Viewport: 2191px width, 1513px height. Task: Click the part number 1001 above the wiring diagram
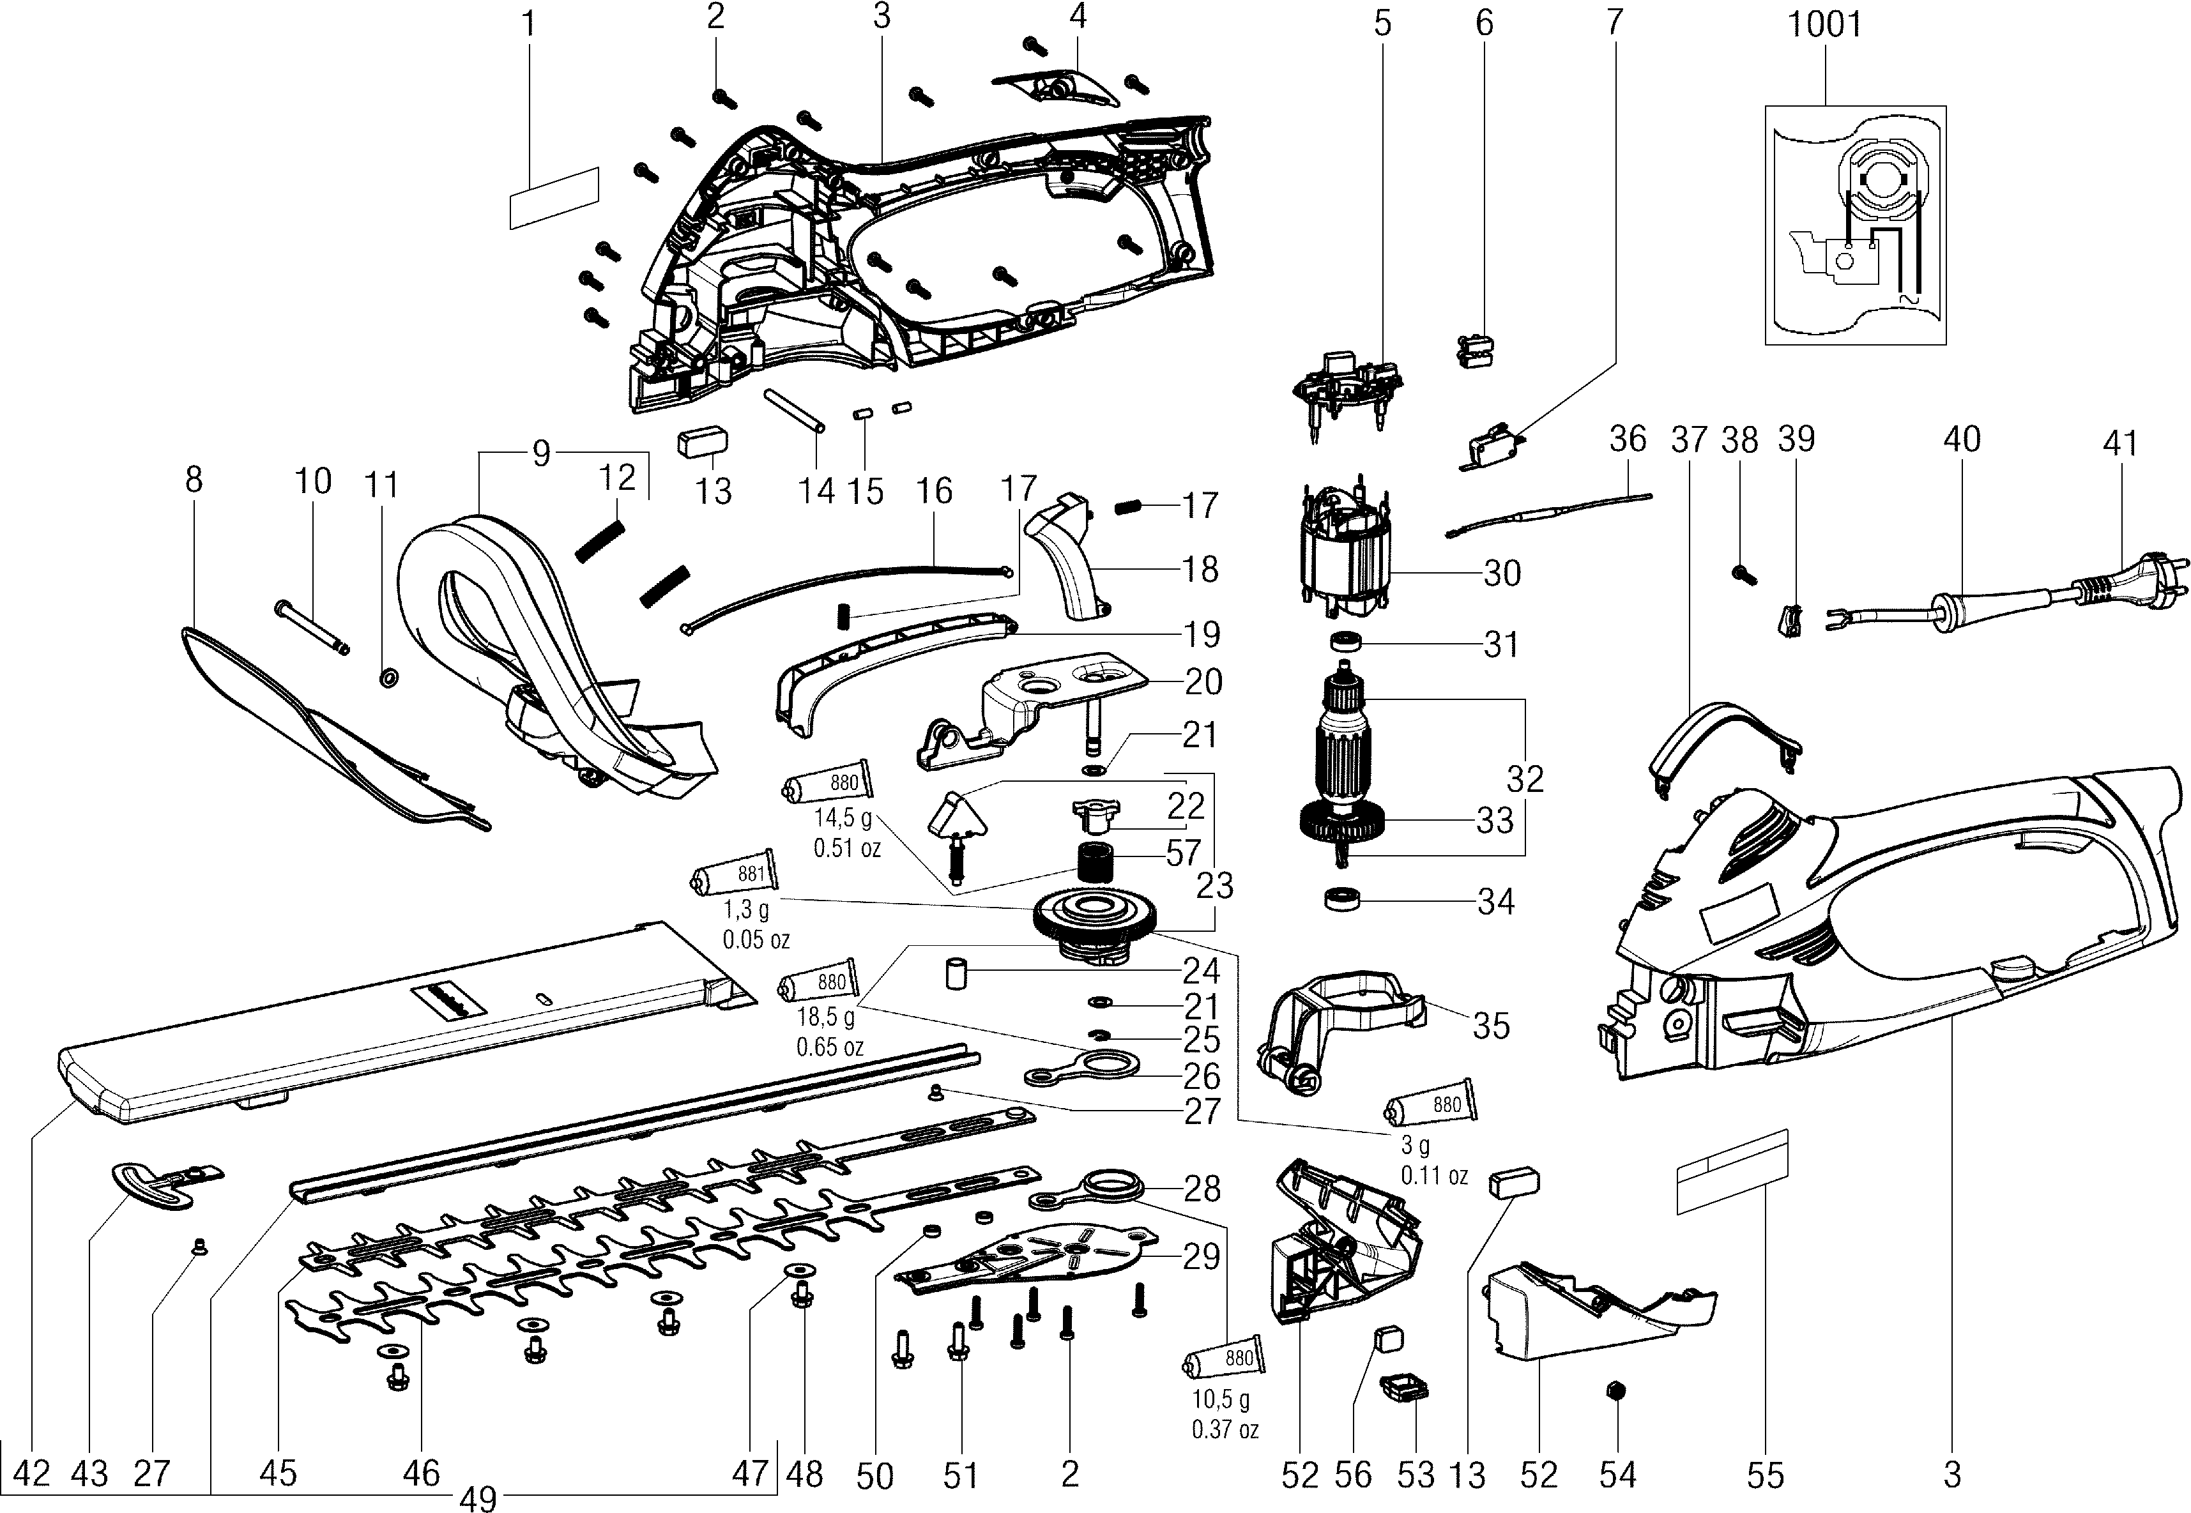1824,23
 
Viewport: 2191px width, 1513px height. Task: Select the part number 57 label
1182,853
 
